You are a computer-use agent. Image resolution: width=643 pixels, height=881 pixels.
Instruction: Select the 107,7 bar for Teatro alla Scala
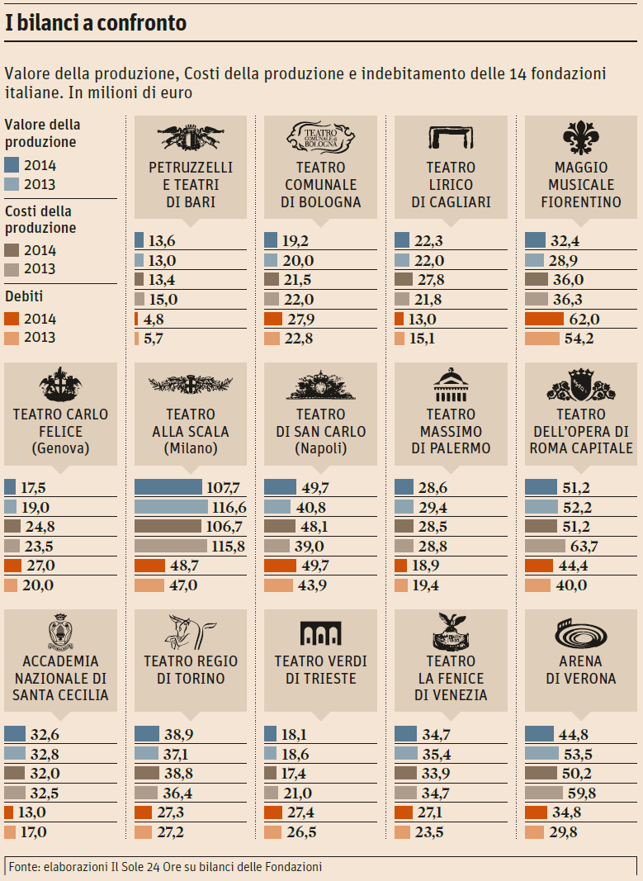point(168,487)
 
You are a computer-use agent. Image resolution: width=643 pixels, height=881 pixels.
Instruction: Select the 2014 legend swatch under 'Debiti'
point(12,319)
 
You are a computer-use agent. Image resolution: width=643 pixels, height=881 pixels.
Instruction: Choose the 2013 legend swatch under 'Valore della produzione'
point(12,184)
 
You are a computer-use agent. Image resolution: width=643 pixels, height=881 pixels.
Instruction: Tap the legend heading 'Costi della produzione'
point(40,220)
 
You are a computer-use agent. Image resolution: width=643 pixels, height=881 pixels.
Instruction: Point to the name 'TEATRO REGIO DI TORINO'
point(191,670)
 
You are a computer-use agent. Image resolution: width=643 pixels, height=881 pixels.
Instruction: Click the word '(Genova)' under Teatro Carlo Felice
point(59,449)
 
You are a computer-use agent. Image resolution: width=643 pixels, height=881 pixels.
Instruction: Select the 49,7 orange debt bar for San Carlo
point(280,566)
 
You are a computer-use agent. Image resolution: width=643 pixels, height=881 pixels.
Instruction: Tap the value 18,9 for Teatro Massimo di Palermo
point(427,566)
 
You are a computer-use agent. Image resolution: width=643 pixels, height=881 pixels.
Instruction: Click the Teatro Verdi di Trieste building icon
point(320,634)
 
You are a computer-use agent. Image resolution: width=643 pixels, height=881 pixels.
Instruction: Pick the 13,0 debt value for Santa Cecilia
point(32,812)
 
